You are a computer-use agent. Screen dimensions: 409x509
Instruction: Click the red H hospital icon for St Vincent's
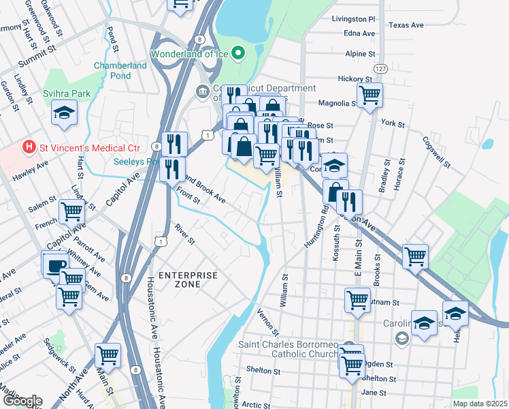pos(29,147)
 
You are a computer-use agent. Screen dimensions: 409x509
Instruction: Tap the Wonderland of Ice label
pos(188,52)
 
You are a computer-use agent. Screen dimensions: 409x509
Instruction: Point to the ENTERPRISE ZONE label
pos(188,275)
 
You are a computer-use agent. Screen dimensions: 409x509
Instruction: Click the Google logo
pos(22,401)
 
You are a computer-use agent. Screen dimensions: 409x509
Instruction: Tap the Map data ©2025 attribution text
pos(480,404)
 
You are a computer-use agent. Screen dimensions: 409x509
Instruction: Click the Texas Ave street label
pos(406,25)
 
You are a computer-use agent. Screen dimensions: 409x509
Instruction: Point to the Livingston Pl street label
pos(352,20)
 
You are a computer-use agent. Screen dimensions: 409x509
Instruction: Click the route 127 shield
pos(380,70)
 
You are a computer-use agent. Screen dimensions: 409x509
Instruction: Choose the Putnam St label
pos(384,302)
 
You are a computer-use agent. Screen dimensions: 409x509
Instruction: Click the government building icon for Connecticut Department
pos(202,91)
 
